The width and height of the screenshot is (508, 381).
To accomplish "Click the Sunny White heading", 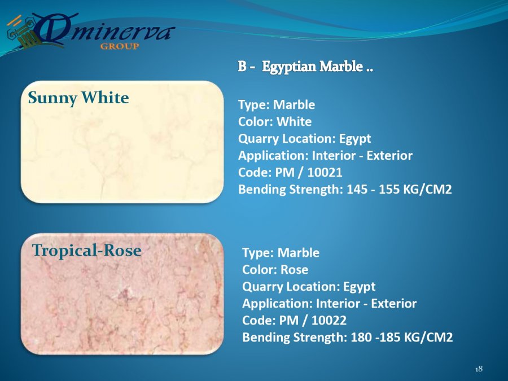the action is pos(78,98).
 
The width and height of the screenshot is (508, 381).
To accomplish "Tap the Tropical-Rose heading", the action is pos(87,251).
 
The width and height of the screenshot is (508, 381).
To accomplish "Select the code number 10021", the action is pos(325,172).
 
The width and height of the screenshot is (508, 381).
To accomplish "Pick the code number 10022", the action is pos(329,321).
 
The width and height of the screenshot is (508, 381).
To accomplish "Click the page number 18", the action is pos(479,369).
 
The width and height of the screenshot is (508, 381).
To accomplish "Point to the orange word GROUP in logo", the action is pos(120,46).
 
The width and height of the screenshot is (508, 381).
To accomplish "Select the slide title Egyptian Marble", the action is pos(317,67).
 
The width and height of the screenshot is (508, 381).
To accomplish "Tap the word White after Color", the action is pos(294,122).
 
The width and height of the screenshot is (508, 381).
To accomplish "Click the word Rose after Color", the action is pos(294,270).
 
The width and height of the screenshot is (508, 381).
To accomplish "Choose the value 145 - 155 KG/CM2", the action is pos(399,189).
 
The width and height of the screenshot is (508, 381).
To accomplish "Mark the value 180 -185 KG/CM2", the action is pos(402,338).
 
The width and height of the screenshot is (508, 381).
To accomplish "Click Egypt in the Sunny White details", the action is pos(355,139).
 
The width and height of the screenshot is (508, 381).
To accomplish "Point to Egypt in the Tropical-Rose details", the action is pos(359,287).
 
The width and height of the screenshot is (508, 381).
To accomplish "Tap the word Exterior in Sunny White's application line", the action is pos(389,156).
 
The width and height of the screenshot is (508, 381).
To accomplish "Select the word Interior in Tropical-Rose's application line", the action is pos(337,304).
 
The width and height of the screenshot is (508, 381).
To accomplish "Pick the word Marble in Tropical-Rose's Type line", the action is pos(299,253).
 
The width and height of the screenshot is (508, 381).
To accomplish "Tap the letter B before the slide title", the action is pos(242,67).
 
